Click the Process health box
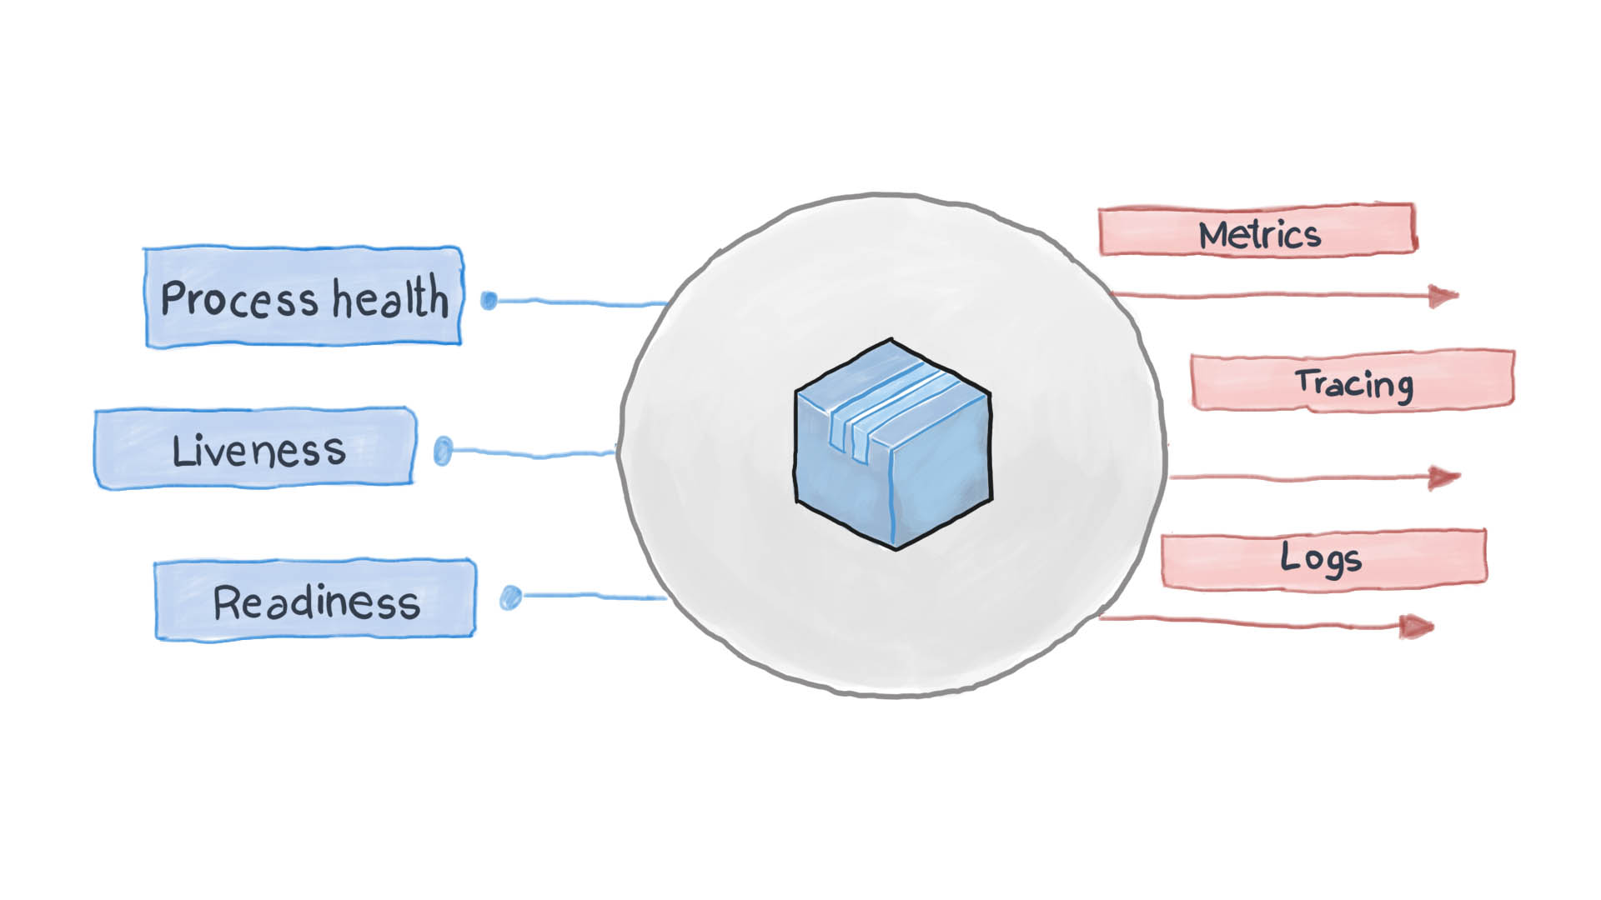pyautogui.click(x=304, y=297)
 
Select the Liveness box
pyautogui.click(x=254, y=448)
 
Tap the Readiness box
pyautogui.click(x=315, y=600)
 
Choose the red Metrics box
pyautogui.click(x=1257, y=229)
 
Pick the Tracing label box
pyautogui.click(x=1352, y=382)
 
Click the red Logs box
pyautogui.click(x=1323, y=558)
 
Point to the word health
pyautogui.click(x=390, y=297)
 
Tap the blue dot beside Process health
pyautogui.click(x=489, y=300)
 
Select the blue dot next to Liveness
pyautogui.click(x=444, y=451)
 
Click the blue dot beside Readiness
pyautogui.click(x=510, y=597)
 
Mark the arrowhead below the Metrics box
pyautogui.click(x=1441, y=295)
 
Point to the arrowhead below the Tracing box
pyautogui.click(x=1442, y=477)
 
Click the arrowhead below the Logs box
pyautogui.click(x=1415, y=626)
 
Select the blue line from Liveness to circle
pyautogui.click(x=534, y=453)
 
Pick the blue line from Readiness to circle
pyautogui.click(x=592, y=596)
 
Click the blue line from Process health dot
pyautogui.click(x=584, y=302)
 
